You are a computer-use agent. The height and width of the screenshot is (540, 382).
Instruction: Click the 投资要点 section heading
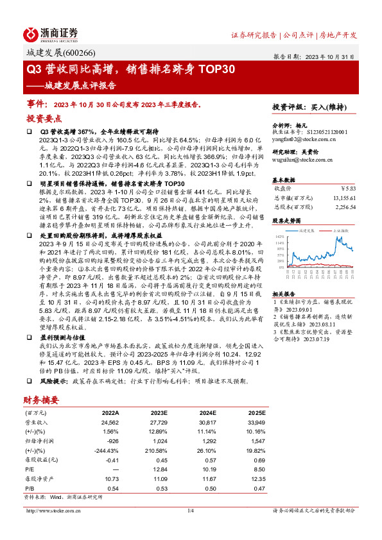pyautogui.click(x=44, y=119)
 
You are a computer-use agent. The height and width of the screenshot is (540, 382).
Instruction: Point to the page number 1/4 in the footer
pyautogui.click(x=191, y=510)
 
